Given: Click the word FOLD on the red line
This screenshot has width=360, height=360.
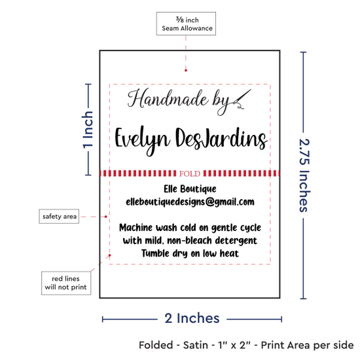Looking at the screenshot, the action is coord(190,173).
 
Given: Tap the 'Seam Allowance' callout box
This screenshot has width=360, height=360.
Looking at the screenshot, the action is coord(186,24).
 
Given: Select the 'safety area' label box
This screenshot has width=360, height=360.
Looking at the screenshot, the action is coord(59,216).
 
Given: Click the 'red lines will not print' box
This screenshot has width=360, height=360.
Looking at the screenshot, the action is coord(66,283).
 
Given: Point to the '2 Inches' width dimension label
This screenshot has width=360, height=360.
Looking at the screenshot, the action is coord(192,319).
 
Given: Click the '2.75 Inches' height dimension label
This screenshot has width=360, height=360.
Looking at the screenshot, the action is coord(304,175).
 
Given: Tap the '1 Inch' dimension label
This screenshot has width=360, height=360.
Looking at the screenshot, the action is coord(88,129).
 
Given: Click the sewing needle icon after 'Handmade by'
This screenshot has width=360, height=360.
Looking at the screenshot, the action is coord(242,99).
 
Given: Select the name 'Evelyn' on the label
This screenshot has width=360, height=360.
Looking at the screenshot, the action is coord(142,140).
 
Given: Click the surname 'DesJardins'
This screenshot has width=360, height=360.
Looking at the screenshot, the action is coord(221,137).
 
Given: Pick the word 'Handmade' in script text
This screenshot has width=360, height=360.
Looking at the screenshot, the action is coord(168,99).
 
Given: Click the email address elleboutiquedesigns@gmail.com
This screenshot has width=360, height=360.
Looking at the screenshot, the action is coord(190,202).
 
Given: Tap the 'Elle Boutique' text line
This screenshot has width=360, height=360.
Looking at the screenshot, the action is coord(190,189).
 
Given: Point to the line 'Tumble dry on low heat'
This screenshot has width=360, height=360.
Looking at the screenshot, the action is coord(190,253).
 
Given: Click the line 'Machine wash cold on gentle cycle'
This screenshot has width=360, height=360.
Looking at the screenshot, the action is coord(190,228).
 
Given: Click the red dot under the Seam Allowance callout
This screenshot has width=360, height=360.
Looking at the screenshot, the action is coord(186,70).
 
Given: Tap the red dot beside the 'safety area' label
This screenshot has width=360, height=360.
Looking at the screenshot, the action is coord(105,217).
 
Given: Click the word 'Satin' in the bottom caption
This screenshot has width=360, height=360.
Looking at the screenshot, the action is coord(196,345).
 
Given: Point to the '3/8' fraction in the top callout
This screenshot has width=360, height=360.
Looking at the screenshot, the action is coord(180,20).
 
